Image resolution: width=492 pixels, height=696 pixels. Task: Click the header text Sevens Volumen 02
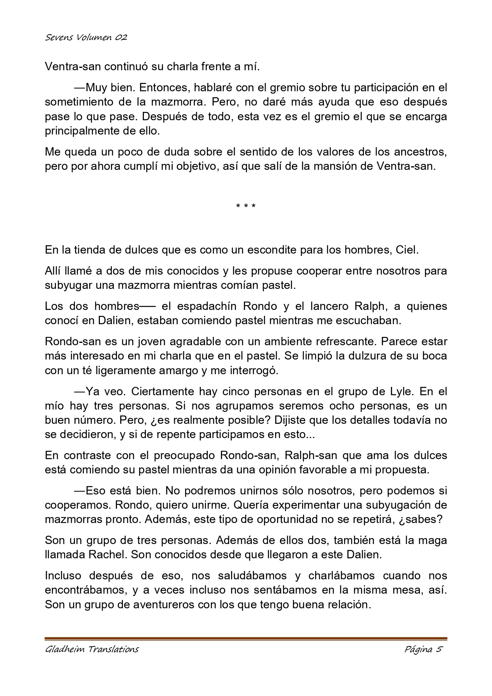click(86, 38)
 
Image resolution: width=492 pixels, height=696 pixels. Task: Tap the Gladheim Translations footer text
click(92, 650)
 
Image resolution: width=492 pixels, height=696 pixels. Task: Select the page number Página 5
click(423, 650)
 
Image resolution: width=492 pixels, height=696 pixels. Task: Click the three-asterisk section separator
click(246, 206)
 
